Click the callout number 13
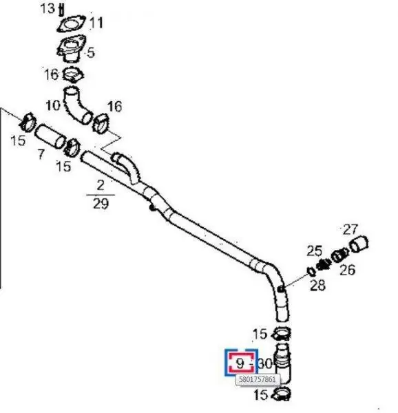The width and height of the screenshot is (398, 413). [48, 8]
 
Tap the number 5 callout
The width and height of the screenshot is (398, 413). [91, 53]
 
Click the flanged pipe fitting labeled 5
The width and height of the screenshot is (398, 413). [71, 49]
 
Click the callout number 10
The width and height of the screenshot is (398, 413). [53, 105]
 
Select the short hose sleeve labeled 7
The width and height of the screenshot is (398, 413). [50, 136]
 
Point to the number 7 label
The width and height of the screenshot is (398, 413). [41, 153]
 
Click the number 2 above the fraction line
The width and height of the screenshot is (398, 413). [101, 185]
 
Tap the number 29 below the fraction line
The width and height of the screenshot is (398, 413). [101, 204]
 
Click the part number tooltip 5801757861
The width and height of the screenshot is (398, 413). [258, 379]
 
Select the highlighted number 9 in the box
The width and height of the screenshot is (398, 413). [240, 363]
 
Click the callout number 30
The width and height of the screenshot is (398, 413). [264, 363]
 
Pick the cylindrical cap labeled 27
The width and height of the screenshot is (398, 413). [359, 244]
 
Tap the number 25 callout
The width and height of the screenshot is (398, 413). [314, 251]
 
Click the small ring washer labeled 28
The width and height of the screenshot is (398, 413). [311, 271]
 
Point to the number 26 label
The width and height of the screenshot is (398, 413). [347, 270]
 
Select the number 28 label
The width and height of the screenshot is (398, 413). [317, 285]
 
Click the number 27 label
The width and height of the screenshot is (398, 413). [350, 230]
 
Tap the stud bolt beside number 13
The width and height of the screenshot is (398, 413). [61, 10]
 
